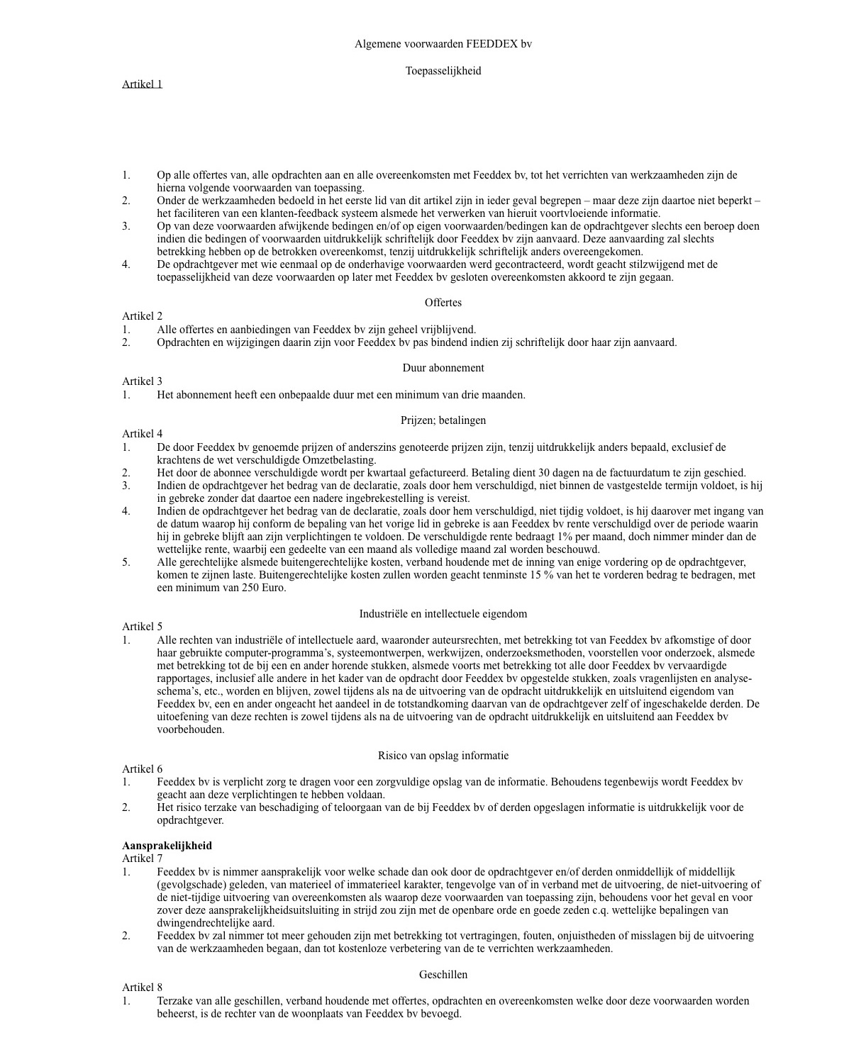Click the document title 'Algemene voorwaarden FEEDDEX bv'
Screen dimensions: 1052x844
[x=443, y=44]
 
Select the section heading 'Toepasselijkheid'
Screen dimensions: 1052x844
[x=443, y=71]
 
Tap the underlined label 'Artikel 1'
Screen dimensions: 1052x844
[x=142, y=84]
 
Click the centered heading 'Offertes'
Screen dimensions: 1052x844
[x=443, y=303]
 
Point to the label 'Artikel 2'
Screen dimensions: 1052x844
[x=142, y=316]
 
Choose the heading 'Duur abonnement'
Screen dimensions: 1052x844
[x=443, y=368]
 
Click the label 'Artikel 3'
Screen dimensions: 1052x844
[x=142, y=381]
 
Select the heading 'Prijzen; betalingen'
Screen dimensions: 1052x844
[x=443, y=420]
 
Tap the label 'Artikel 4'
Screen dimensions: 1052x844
[x=142, y=434]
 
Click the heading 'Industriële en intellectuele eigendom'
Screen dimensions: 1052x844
[x=443, y=614]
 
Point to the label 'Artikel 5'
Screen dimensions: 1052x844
[x=142, y=627]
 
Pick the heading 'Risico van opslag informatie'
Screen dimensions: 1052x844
[x=443, y=756]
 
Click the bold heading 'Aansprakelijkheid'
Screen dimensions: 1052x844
[x=167, y=846]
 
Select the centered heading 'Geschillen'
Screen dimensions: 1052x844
[x=443, y=975]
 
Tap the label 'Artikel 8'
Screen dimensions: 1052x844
[x=142, y=987]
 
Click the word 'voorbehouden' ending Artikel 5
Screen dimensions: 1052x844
[x=189, y=729]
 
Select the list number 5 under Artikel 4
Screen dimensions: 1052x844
[x=126, y=562]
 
